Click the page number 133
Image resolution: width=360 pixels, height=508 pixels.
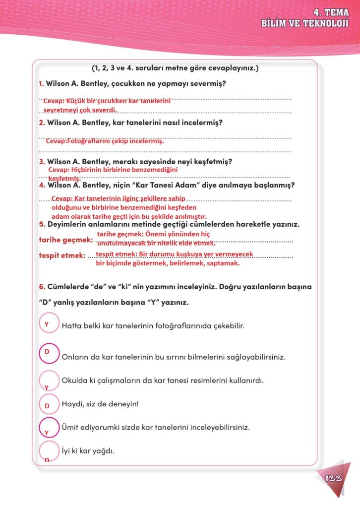click(x=333, y=478)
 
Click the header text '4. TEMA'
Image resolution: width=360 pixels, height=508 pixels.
click(x=330, y=13)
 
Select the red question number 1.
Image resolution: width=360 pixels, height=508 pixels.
click(x=41, y=83)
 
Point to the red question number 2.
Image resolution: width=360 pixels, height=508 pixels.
click(x=42, y=123)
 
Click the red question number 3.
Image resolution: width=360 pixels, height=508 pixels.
click(x=42, y=162)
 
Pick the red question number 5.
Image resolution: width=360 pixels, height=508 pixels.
click(x=42, y=224)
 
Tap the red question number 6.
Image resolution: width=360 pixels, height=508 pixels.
click(x=42, y=287)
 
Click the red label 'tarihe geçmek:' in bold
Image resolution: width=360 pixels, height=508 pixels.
click(x=65, y=240)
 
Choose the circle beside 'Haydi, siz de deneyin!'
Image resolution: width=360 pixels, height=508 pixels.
click(x=48, y=404)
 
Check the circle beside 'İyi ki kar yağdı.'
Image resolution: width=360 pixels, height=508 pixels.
click(x=48, y=451)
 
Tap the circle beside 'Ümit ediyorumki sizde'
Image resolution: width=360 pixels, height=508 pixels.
click(x=48, y=427)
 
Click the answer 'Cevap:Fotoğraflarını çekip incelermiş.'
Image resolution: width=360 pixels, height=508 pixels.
click(x=105, y=141)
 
